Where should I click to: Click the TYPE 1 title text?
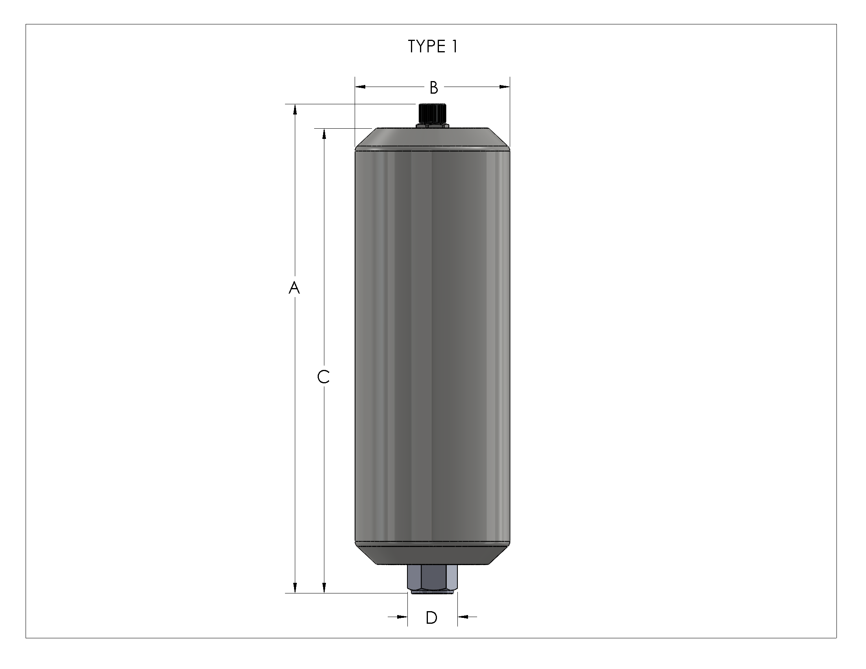point(433,46)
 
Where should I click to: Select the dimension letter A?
point(294,288)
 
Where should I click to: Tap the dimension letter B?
point(434,87)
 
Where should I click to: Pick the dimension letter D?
point(431,617)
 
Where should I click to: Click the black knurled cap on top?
point(432,113)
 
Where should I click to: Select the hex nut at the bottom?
point(432,578)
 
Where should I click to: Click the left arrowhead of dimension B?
point(360,87)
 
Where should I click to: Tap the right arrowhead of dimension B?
point(505,87)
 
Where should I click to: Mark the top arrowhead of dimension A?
point(294,109)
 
